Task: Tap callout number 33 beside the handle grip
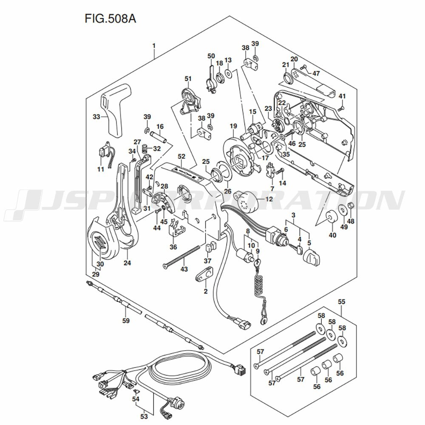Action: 96,116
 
